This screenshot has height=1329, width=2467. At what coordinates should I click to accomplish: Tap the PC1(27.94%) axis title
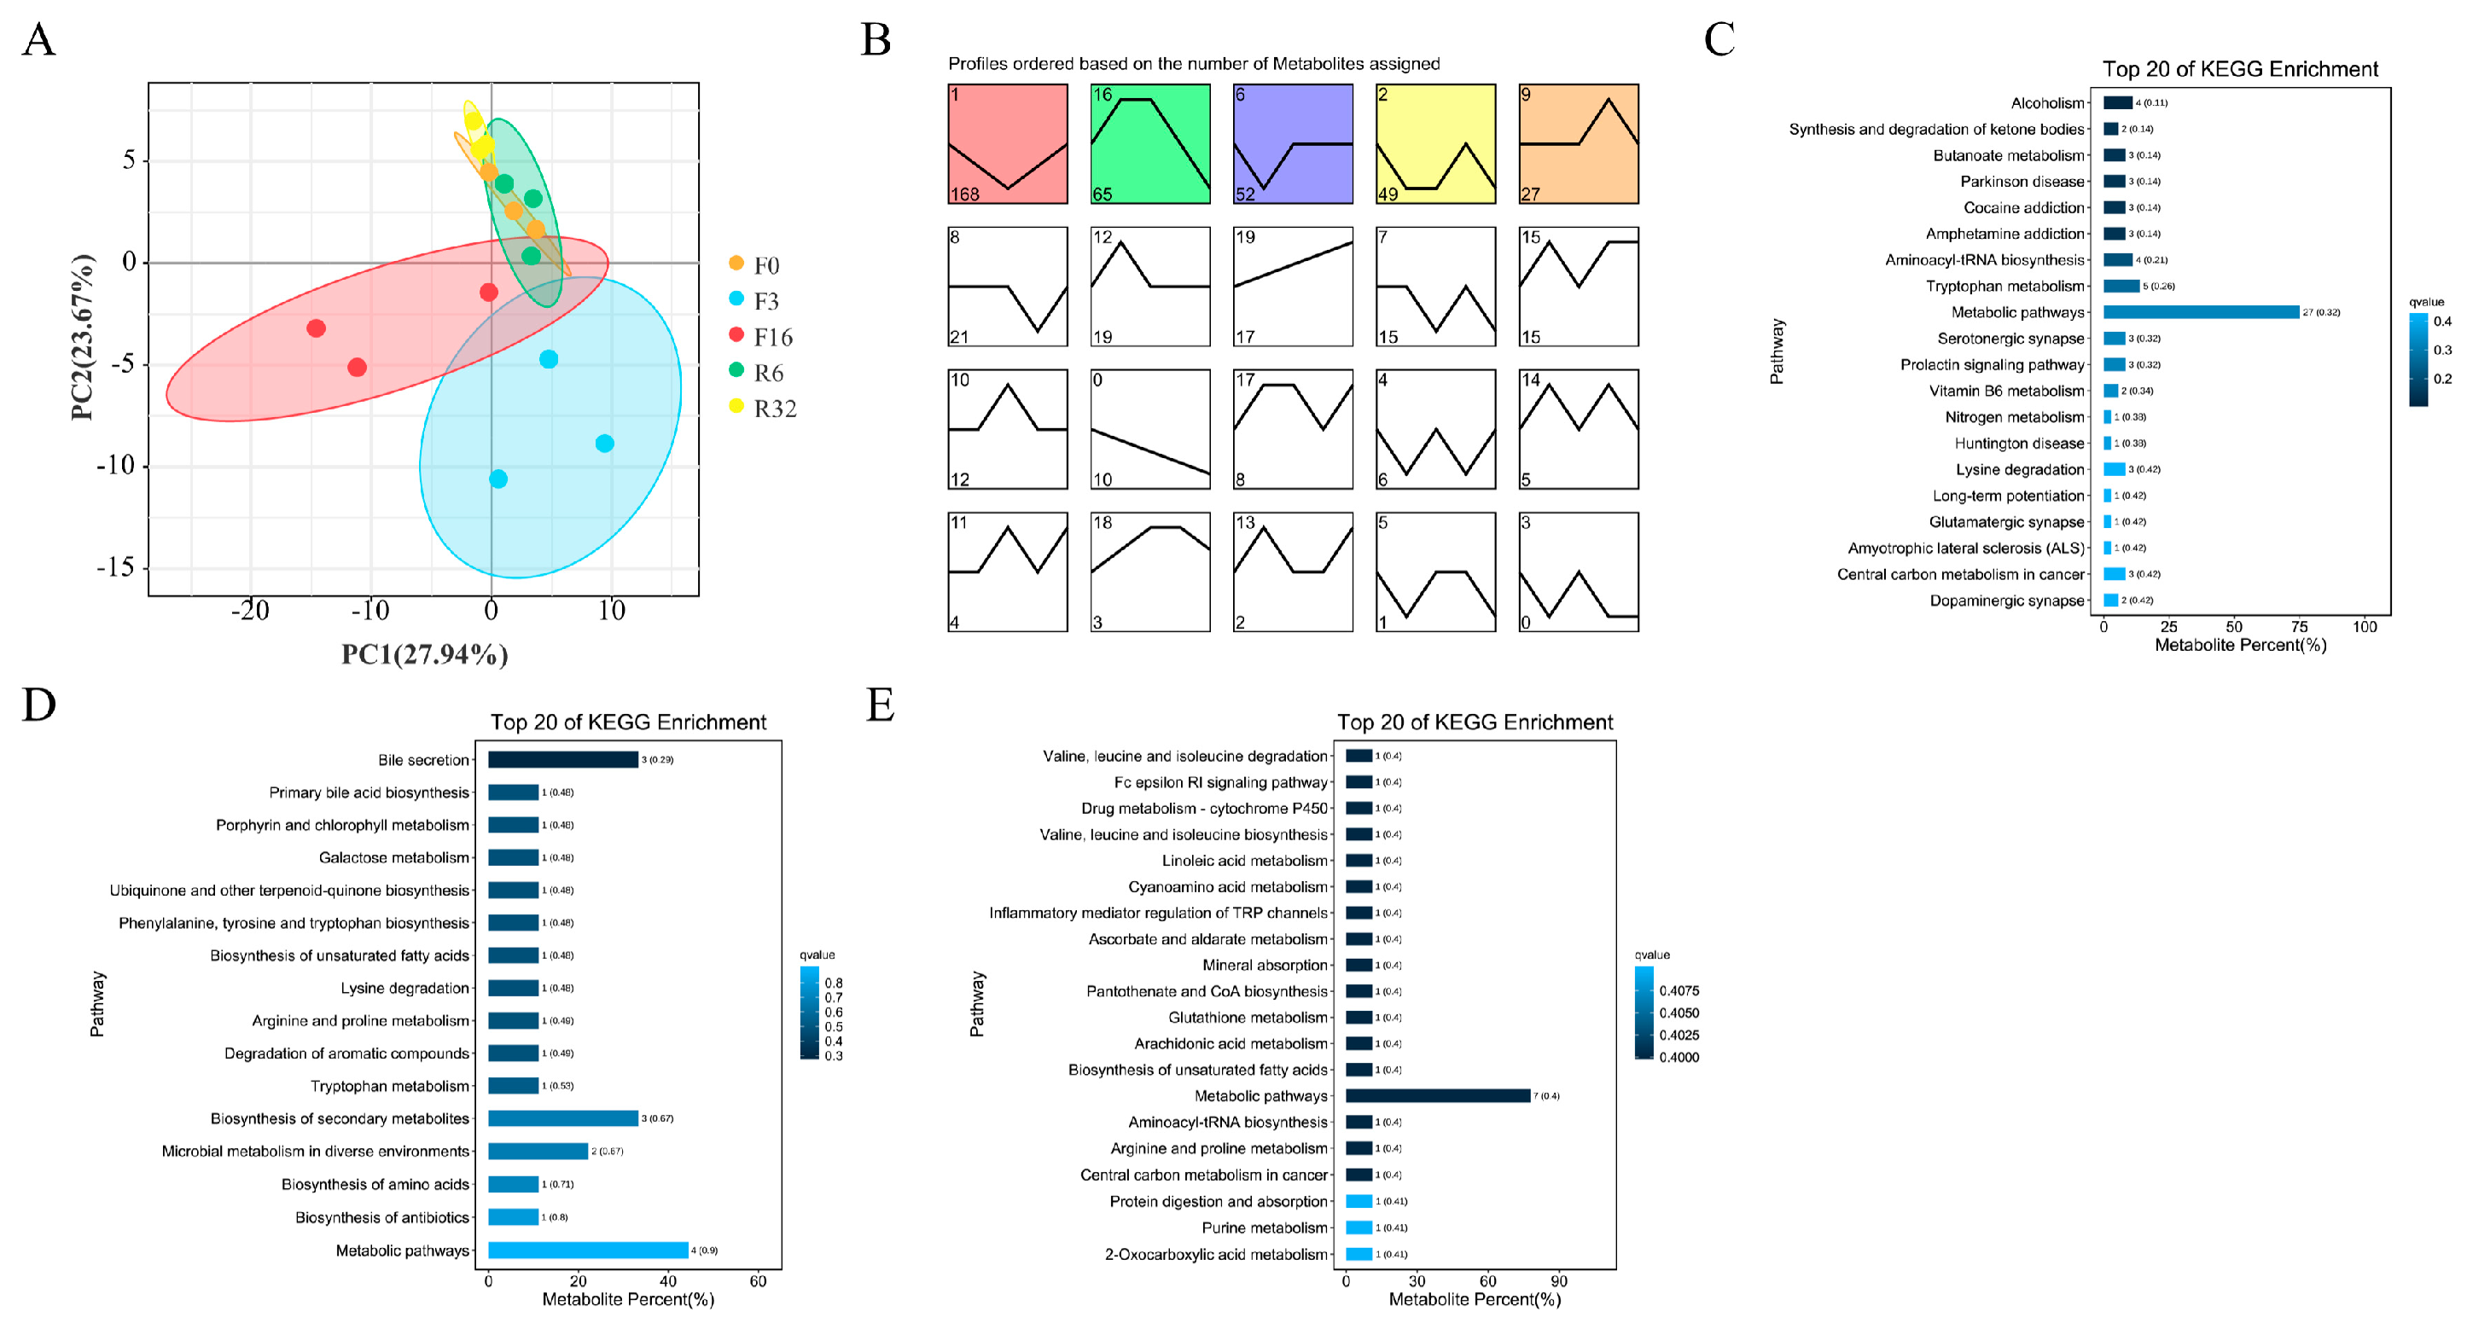(x=424, y=654)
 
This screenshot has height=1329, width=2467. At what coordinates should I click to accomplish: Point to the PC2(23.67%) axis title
(x=83, y=337)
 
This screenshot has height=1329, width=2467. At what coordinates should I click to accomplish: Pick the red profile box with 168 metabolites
(x=1008, y=143)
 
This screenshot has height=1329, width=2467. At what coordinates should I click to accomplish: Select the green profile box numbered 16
(x=1150, y=143)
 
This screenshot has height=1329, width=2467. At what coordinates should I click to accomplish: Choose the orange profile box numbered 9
(x=1579, y=143)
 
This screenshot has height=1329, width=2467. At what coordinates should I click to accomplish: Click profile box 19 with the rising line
(x=1293, y=287)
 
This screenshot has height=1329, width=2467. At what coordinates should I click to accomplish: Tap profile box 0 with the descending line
(x=1150, y=429)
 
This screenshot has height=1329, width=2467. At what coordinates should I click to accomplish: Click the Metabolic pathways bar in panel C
(x=2201, y=312)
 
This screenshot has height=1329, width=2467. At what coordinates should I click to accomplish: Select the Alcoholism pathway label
(x=2046, y=103)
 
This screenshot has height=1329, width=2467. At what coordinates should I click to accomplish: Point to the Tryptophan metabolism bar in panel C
(x=2121, y=287)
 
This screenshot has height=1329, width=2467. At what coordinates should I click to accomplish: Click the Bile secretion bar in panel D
(x=562, y=759)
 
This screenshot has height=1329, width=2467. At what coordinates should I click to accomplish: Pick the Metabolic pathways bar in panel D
(x=587, y=1250)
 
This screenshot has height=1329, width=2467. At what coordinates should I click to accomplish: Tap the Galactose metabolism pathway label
(x=393, y=858)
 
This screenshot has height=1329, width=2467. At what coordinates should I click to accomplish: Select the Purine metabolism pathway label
(x=1264, y=1227)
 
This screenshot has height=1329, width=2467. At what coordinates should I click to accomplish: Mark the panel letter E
(x=879, y=705)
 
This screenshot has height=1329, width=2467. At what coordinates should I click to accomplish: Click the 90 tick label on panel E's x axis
(x=1559, y=1281)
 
